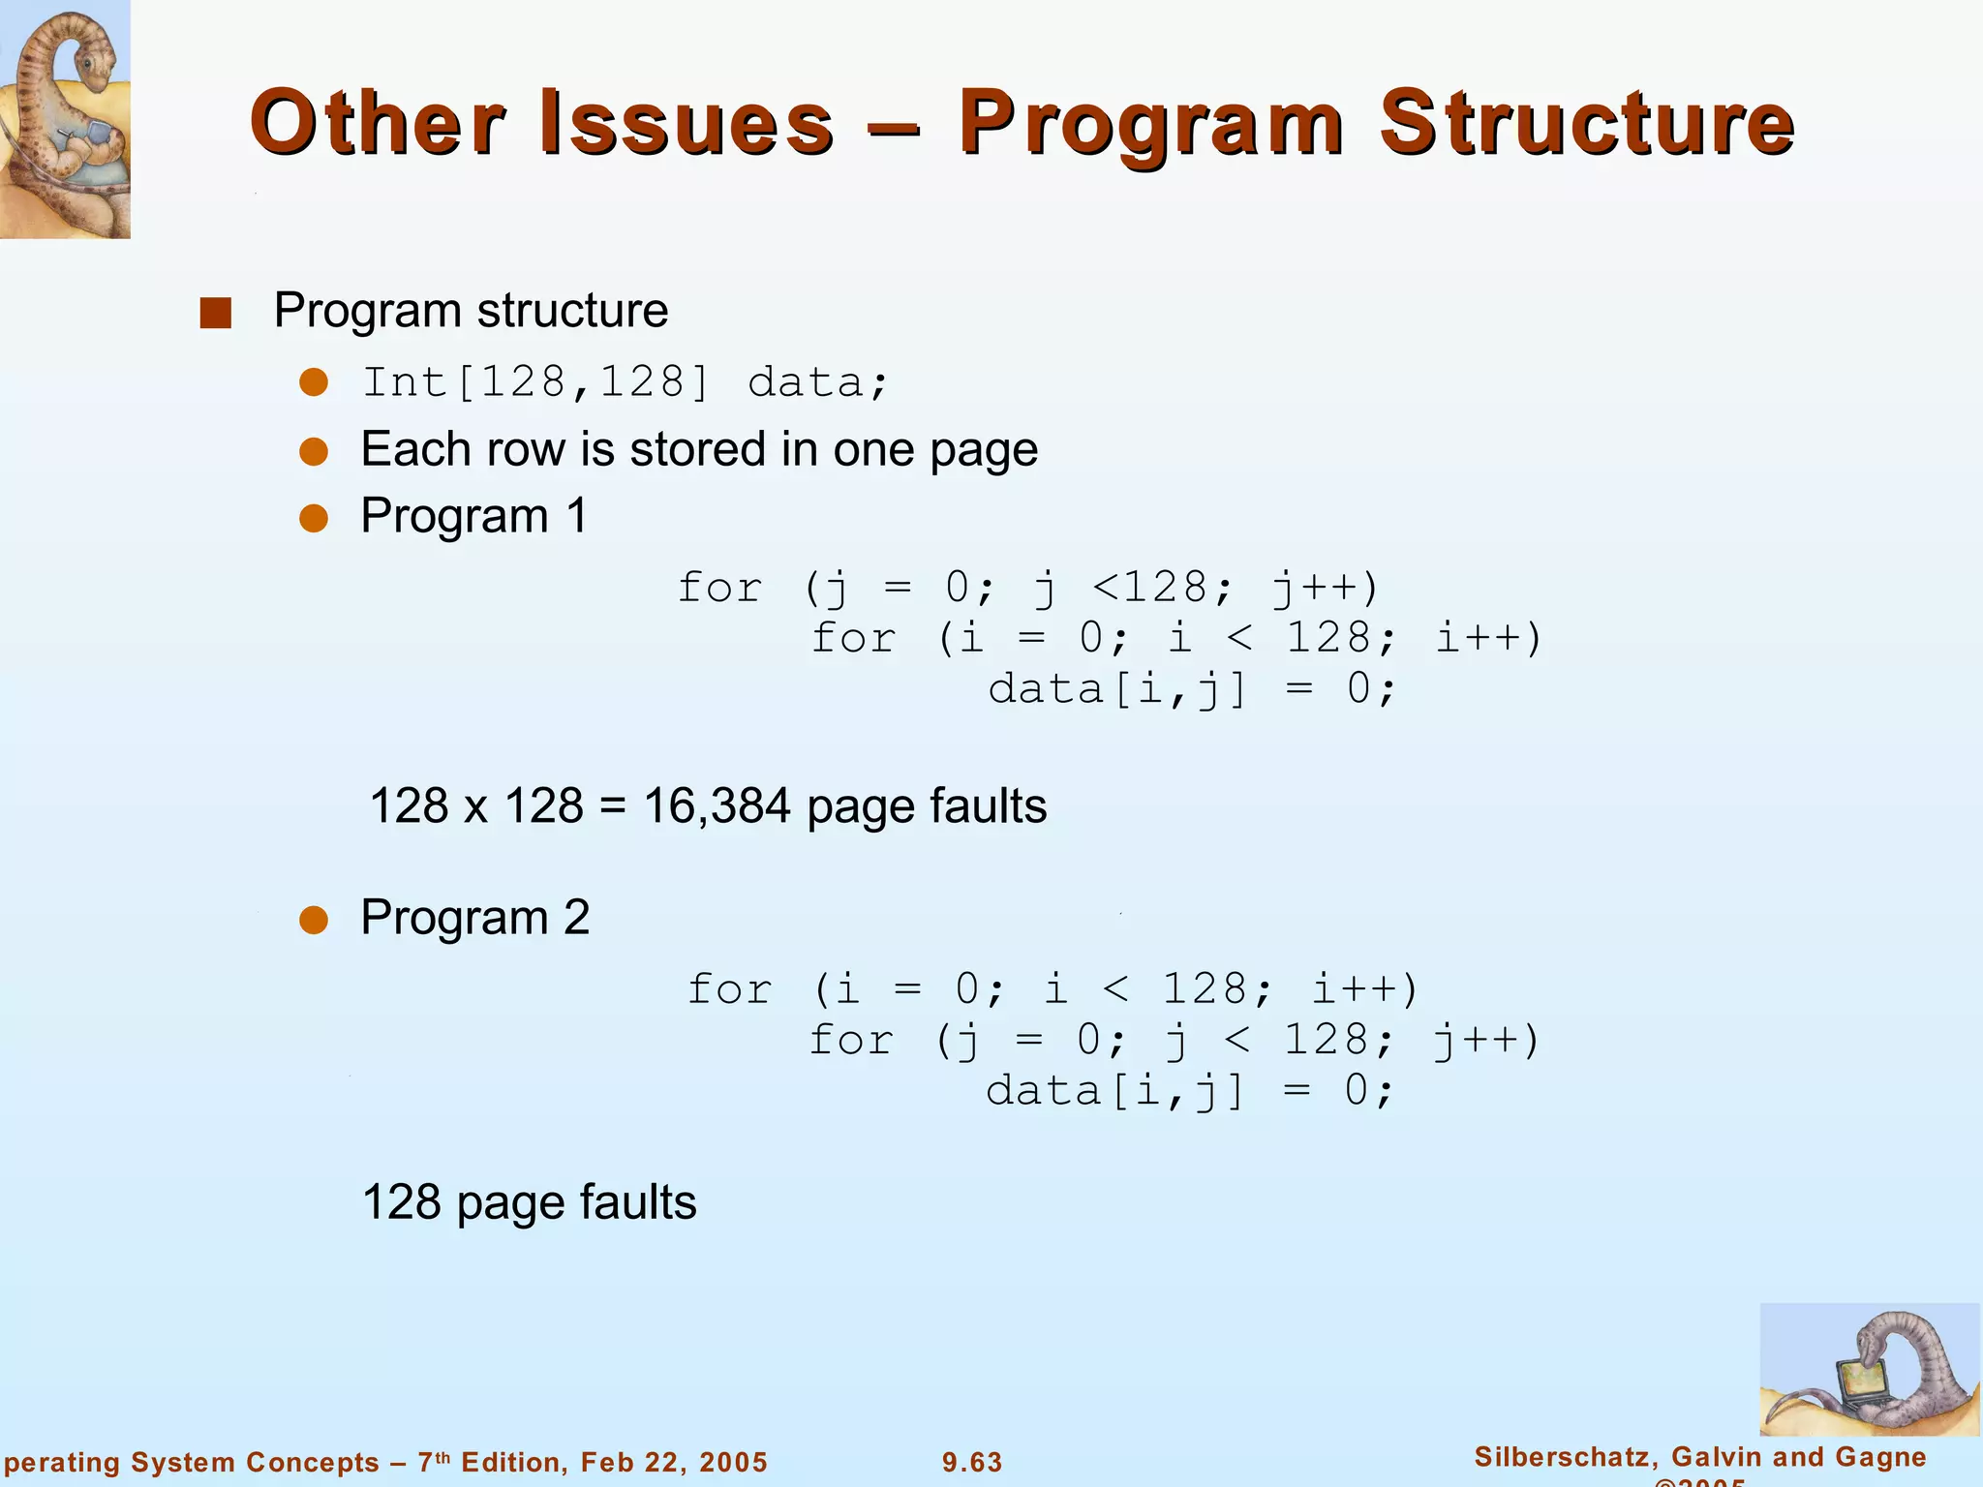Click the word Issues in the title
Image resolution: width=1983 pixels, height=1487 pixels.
[x=686, y=124]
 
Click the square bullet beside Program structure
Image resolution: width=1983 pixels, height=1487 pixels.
[x=215, y=313]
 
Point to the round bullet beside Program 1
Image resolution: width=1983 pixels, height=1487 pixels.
[x=314, y=518]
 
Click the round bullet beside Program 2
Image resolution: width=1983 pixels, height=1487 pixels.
[x=314, y=920]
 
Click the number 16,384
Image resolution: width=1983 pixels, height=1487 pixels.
[x=717, y=806]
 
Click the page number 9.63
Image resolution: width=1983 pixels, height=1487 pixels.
[x=972, y=1462]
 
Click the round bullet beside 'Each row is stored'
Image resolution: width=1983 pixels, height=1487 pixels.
[x=314, y=452]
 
